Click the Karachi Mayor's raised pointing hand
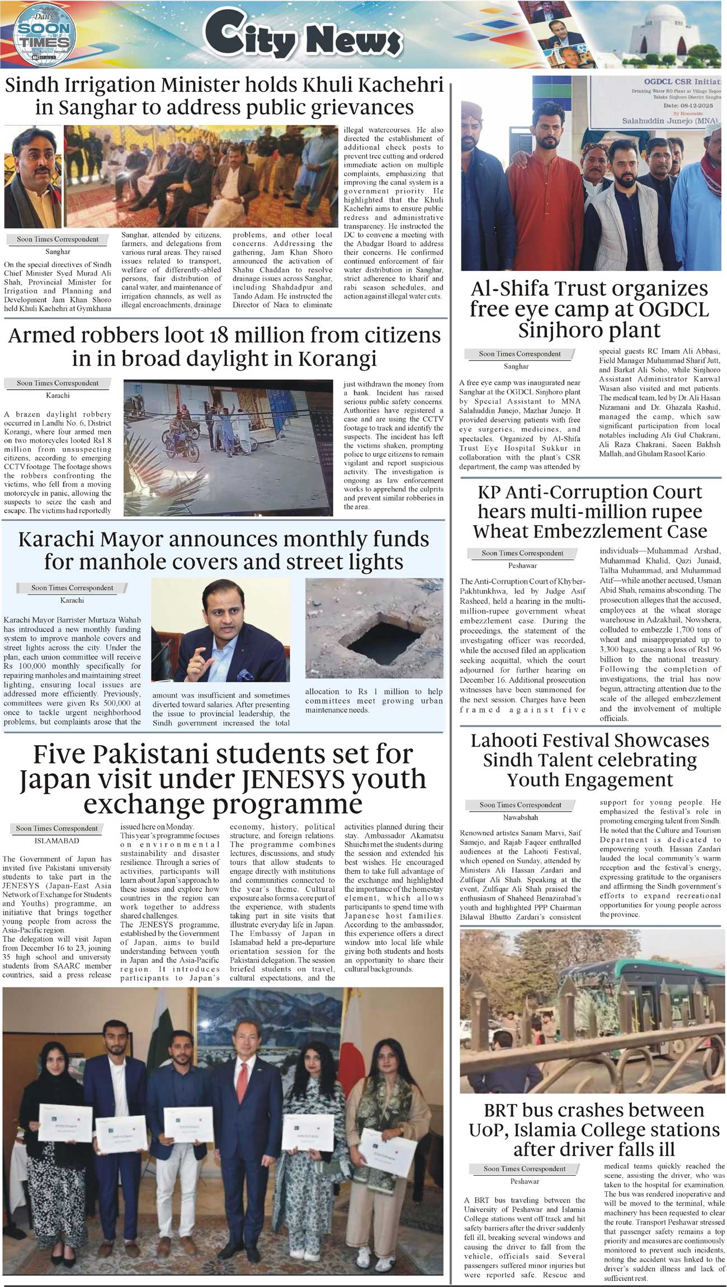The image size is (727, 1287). pyautogui.click(x=196, y=663)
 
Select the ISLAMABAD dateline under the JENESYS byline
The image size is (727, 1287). pyautogui.click(x=56, y=841)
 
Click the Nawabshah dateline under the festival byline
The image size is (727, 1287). pyautogui.click(x=520, y=817)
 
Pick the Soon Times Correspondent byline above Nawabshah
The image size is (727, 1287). pyautogui.click(x=520, y=805)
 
